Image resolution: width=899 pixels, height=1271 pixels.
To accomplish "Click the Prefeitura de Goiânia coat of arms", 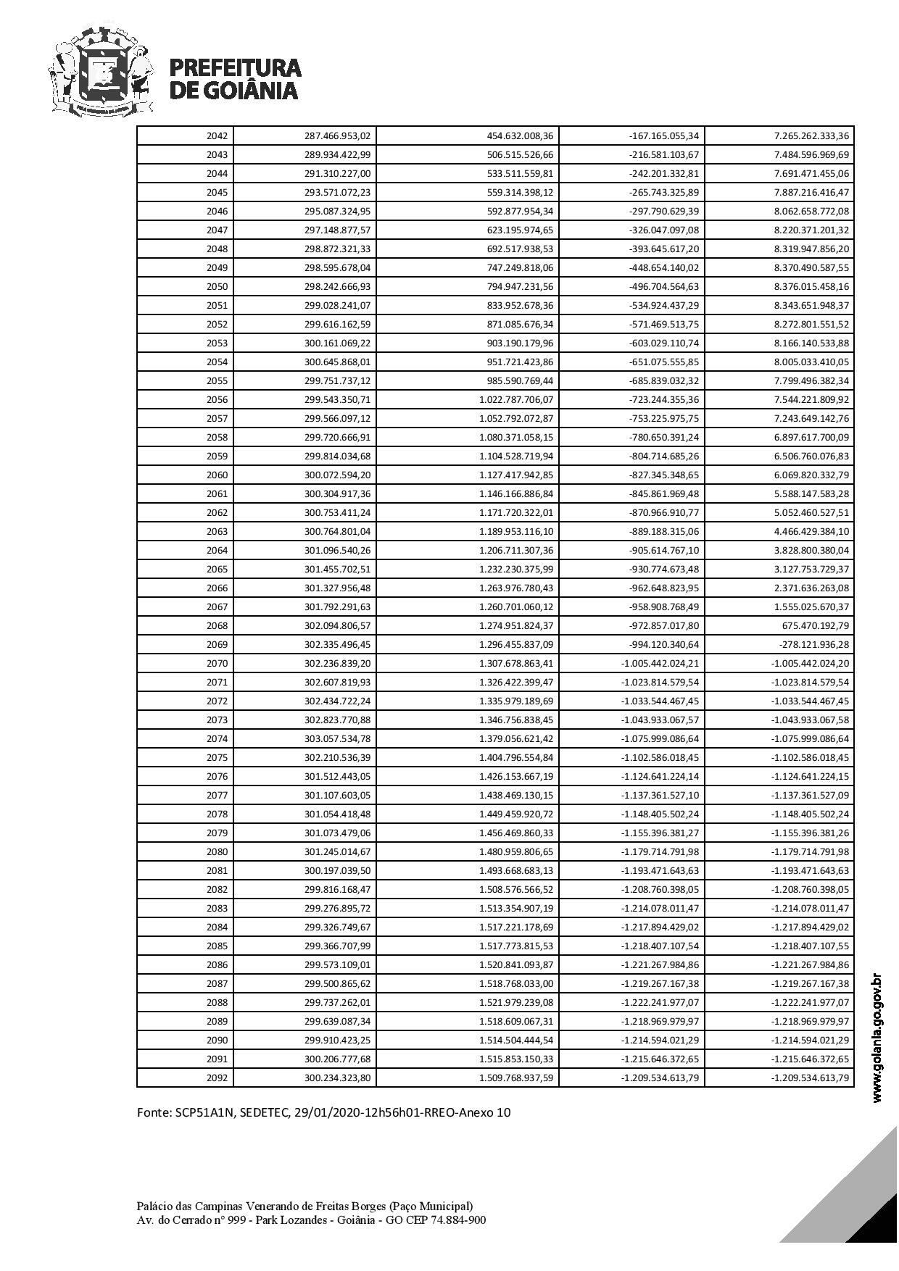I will (102, 71).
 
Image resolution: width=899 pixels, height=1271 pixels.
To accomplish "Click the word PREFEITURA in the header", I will (235, 68).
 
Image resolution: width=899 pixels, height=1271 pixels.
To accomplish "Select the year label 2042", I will (217, 136).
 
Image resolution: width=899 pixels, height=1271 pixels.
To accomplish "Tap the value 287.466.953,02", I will (337, 136).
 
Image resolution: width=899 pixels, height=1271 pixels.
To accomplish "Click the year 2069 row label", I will (217, 645).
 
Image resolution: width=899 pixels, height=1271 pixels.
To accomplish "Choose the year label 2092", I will (217, 1078).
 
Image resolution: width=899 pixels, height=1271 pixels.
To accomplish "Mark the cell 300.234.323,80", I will (337, 1078).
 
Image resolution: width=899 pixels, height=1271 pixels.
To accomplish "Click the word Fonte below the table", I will (153, 1112).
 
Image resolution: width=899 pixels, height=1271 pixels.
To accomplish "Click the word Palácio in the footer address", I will (154, 1207).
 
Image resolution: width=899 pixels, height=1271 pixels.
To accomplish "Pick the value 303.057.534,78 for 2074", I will (337, 739).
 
